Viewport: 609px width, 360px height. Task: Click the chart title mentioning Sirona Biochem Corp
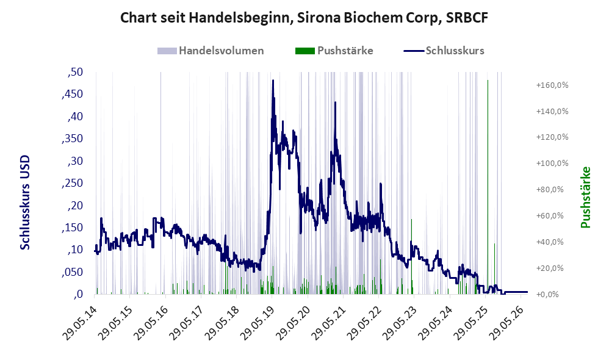[304, 18]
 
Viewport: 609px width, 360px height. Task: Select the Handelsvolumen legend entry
[211, 51]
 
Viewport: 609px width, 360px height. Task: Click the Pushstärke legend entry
[334, 51]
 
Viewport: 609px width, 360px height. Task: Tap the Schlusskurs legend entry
[444, 51]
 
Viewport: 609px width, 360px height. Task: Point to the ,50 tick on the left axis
[75, 72]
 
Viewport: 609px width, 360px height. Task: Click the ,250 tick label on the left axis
[72, 183]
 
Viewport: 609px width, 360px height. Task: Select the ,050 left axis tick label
[72, 272]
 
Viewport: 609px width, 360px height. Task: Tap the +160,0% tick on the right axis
[552, 85]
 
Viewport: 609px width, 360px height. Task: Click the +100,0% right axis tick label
[552, 163]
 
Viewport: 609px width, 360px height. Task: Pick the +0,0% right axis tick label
[547, 294]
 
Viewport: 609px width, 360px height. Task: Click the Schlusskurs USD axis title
[24, 203]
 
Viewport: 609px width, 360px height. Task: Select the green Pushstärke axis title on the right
[585, 197]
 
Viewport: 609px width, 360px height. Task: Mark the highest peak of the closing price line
[273, 81]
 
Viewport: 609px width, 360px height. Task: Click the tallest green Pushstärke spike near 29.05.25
[488, 187]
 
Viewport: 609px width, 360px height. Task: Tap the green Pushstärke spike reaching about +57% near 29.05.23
[411, 256]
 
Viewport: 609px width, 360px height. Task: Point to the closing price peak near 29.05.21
[335, 103]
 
